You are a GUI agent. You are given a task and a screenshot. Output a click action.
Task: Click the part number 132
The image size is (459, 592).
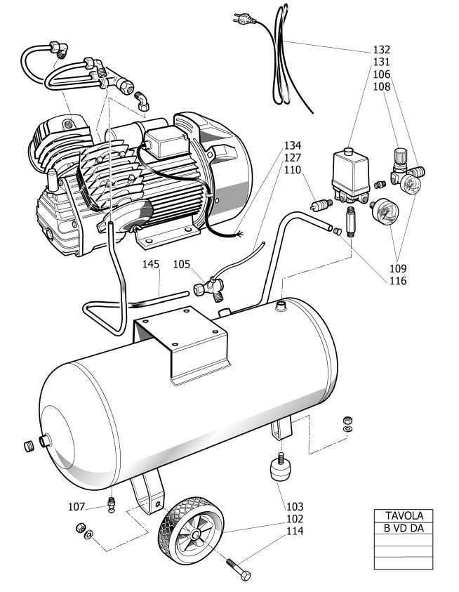pos(381,50)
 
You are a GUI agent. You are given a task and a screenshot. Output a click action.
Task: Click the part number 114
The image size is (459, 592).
pos(295,532)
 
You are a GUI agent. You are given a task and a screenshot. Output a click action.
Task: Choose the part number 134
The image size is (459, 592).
pos(293,146)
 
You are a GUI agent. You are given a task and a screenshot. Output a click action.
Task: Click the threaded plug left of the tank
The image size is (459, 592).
pos(29,446)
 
